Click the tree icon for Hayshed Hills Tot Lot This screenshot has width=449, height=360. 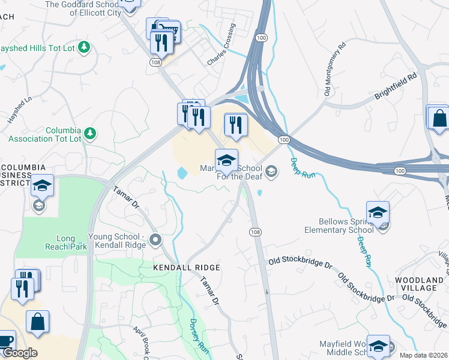(x=85, y=47)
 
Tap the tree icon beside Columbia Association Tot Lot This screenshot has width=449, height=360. (x=89, y=133)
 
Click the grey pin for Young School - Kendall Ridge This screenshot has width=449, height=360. (x=155, y=241)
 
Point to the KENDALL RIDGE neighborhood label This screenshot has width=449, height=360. (x=178, y=268)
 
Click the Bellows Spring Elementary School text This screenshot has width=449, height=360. (x=342, y=226)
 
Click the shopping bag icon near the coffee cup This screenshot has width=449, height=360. (x=37, y=321)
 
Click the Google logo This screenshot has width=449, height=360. (x=20, y=353)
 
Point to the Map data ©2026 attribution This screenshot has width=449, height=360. (x=424, y=355)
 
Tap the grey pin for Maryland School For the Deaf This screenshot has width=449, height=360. (x=271, y=173)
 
